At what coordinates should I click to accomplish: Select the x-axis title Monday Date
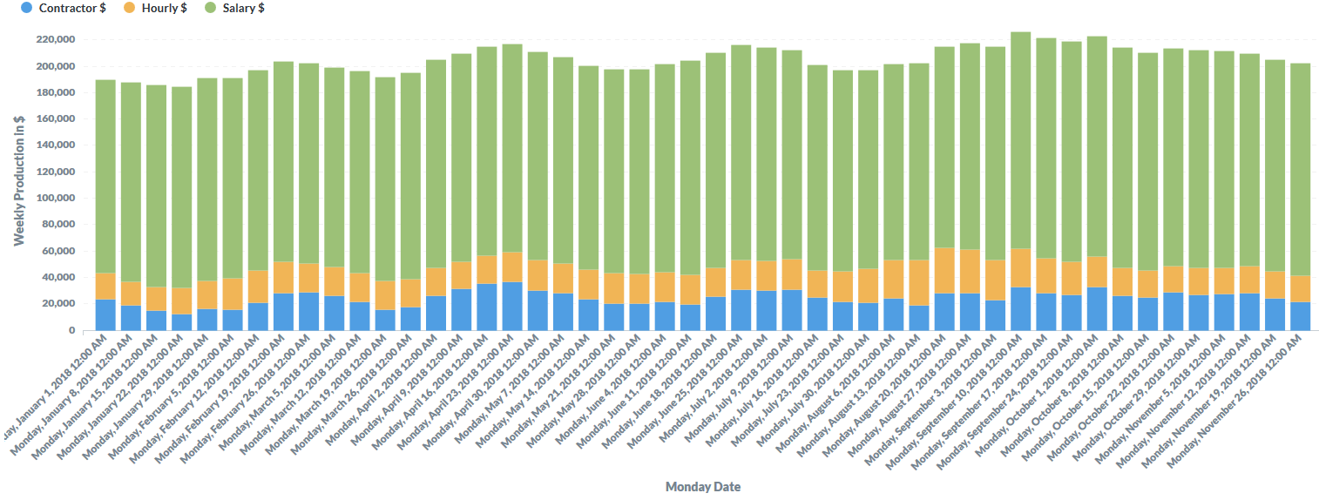click(x=703, y=487)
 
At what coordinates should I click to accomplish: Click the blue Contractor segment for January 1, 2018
click(x=105, y=314)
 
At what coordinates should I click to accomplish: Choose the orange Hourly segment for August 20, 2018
click(x=944, y=270)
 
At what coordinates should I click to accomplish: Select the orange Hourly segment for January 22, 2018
click(x=181, y=301)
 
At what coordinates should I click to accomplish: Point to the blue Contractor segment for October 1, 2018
click(x=1097, y=308)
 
